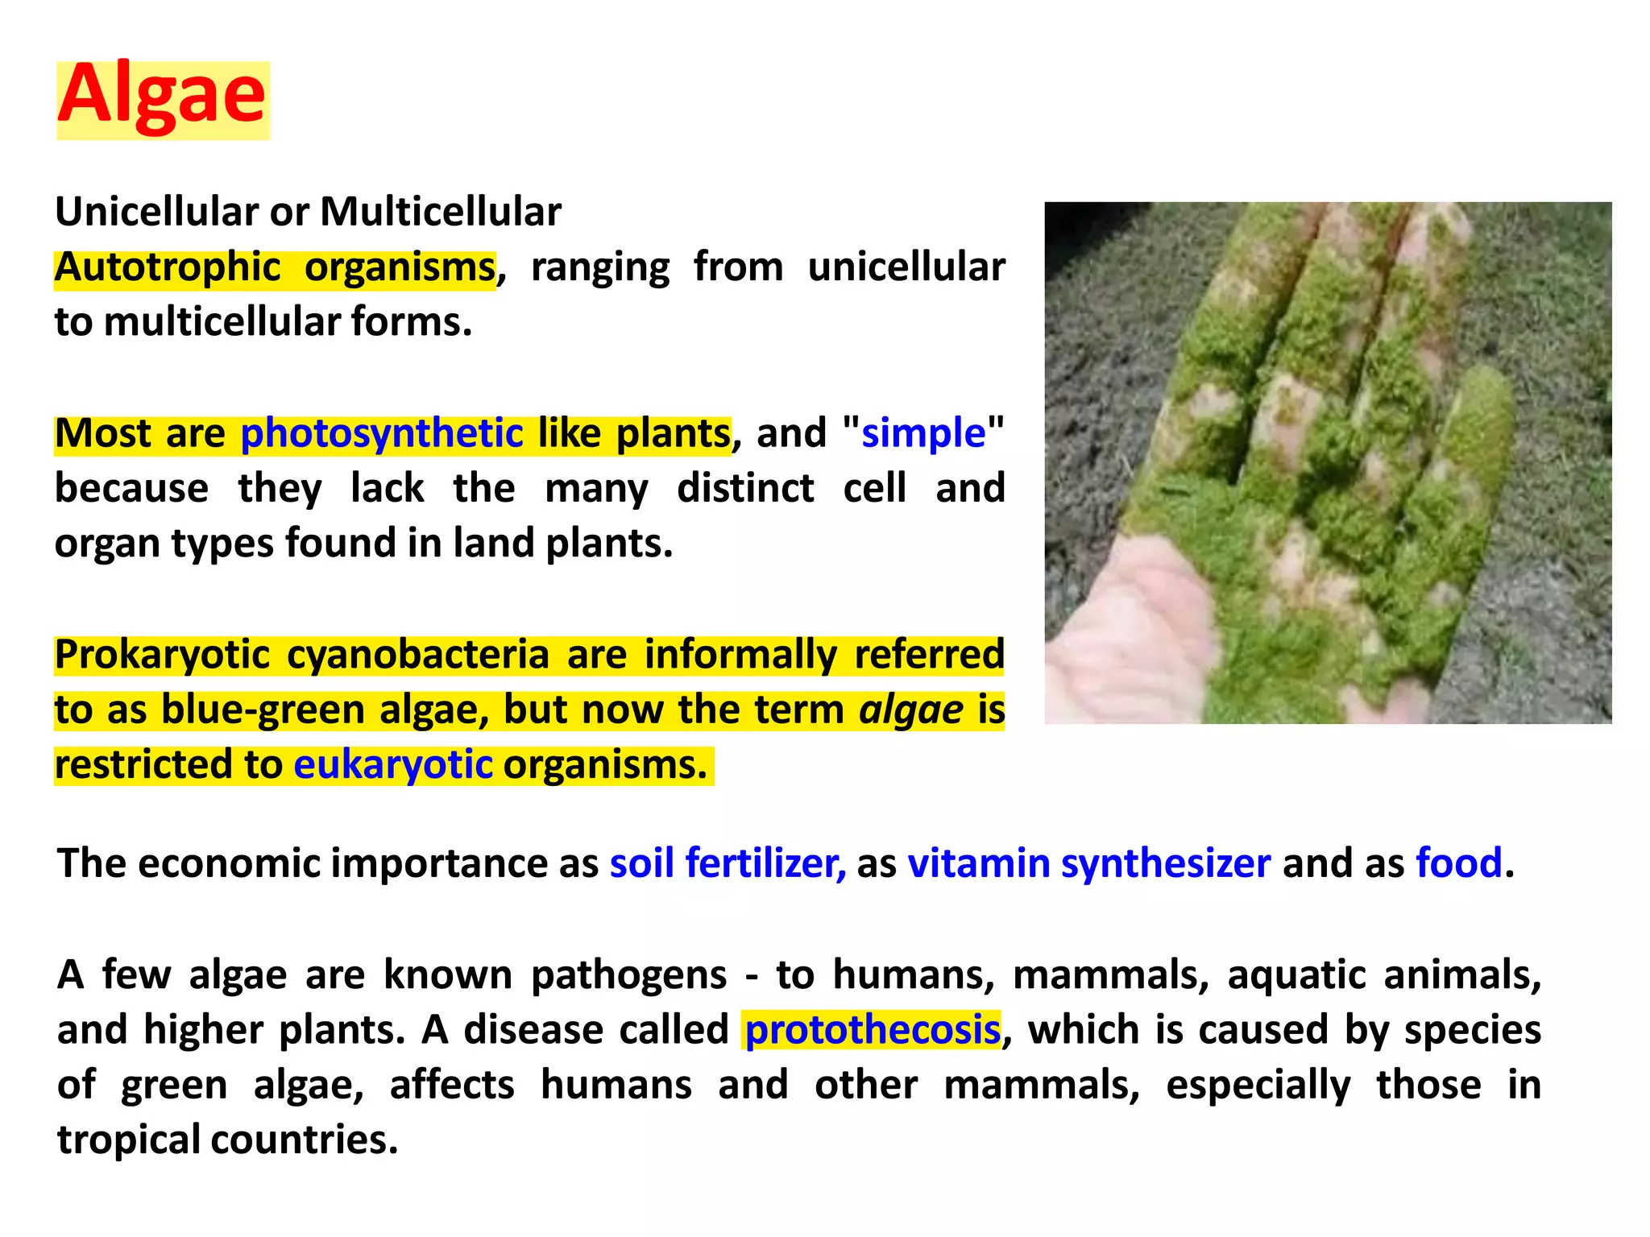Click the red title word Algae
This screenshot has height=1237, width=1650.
162,97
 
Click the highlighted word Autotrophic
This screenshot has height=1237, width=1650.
168,267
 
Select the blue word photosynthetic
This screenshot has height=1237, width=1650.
382,433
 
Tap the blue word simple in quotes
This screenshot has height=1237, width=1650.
923,433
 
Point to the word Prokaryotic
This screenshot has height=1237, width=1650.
162,655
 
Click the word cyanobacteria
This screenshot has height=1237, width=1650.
417,655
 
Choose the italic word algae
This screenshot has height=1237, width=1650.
910,710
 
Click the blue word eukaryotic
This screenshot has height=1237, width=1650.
392,764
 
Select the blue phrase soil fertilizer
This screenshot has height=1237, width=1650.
728,863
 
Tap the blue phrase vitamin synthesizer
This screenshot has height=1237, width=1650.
1089,863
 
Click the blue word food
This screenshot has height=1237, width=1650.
1459,863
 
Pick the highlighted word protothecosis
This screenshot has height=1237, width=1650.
873,1030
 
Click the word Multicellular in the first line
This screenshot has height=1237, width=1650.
440,213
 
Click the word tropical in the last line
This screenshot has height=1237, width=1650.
129,1140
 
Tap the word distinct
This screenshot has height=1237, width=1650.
745,489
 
